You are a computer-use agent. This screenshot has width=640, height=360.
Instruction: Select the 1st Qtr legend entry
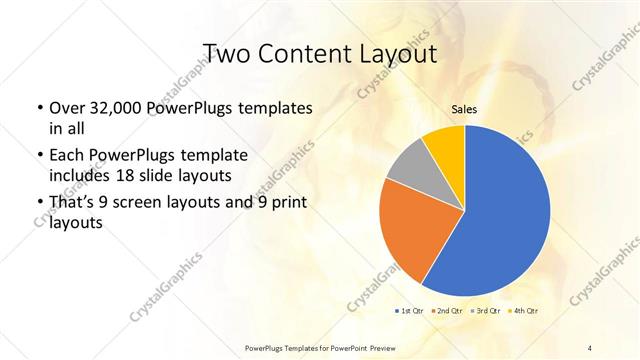pos(409,311)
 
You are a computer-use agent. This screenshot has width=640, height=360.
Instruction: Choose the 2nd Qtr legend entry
pos(446,311)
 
